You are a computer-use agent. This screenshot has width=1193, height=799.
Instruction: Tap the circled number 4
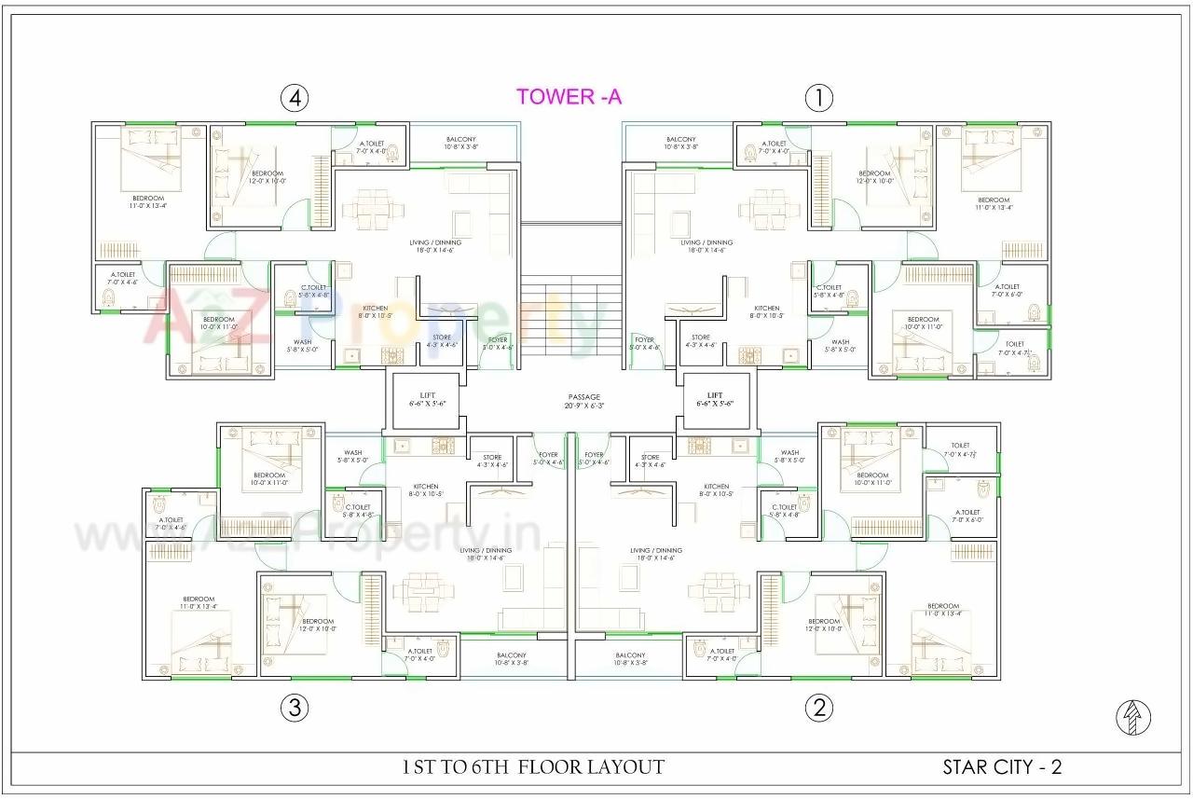pos(295,98)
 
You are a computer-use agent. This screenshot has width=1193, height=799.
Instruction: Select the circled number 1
pos(818,98)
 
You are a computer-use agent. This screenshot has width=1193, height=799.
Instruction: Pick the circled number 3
pos(295,709)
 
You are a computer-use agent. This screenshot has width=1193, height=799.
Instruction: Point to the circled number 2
pos(818,709)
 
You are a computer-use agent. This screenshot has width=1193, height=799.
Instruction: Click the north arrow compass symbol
pos(1133,717)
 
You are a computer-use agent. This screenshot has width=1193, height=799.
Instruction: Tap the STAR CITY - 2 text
pos(1002,767)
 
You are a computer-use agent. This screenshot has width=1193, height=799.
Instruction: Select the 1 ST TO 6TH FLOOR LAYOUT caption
pos(533,767)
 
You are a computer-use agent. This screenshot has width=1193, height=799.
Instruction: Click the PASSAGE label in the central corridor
pos(584,397)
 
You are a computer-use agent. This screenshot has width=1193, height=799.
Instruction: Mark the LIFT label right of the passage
pos(715,396)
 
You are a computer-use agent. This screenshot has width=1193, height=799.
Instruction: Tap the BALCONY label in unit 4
pos(460,140)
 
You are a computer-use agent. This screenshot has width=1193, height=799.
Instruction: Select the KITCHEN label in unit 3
pos(426,487)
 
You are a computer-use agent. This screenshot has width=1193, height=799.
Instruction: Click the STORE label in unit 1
pos(700,338)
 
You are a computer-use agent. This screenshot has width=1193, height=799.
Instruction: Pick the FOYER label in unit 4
pos(500,340)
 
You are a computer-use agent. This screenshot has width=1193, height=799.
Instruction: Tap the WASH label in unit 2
pos(789,453)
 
